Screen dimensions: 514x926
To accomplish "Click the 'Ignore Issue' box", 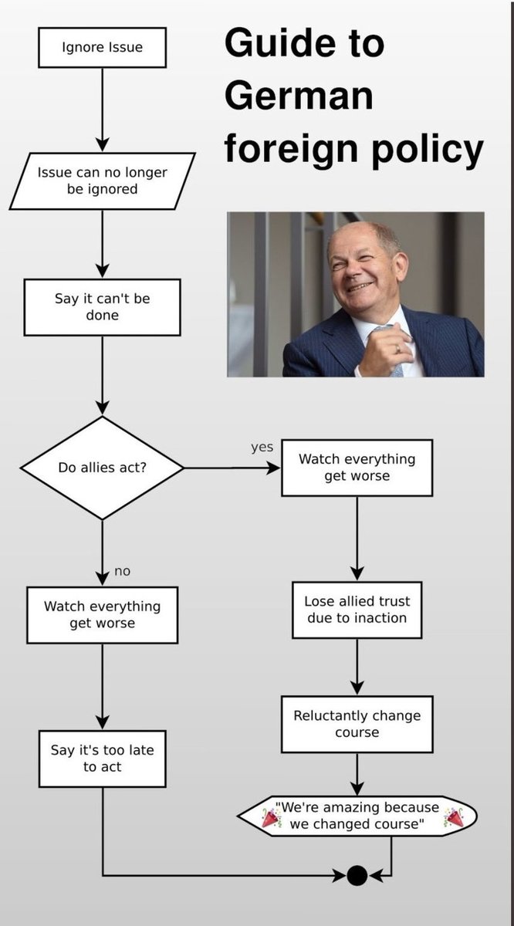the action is coord(102,48).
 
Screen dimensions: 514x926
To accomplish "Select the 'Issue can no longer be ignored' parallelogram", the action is coord(102,181).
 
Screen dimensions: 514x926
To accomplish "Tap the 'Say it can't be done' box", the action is coord(102,307).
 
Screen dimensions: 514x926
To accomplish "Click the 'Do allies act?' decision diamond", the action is coord(102,468).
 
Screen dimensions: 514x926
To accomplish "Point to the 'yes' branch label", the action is coord(262,448).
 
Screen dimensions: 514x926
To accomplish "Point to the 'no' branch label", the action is coord(122,571).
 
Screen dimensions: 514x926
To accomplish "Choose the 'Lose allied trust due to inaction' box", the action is coord(357,610).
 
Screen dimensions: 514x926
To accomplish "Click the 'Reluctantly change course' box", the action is coord(357,724).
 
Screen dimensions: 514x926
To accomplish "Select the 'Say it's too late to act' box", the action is coord(102,759).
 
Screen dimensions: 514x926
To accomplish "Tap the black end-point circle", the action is coord(357,875).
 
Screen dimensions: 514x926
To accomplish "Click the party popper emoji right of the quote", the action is coord(454,817).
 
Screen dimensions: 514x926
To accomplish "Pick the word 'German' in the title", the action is coord(299,96).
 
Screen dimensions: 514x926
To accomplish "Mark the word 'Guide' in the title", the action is coord(280,42).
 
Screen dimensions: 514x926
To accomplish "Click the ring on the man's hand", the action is coord(397,350).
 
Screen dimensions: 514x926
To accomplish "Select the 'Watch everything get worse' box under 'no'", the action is coord(102,615).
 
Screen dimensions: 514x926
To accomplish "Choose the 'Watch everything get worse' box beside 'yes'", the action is coord(357,468).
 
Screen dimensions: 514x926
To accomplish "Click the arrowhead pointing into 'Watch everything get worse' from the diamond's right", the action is coord(273,468).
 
